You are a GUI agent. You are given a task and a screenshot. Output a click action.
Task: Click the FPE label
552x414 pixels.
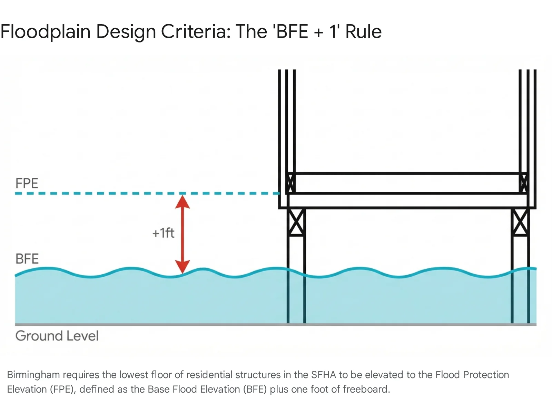[x=27, y=183]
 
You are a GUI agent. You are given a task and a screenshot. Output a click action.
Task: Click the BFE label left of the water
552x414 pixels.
[x=27, y=259]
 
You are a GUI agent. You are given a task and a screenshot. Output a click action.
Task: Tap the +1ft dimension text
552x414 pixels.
[x=163, y=233]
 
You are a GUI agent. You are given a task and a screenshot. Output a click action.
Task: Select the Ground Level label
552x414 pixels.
[x=57, y=336]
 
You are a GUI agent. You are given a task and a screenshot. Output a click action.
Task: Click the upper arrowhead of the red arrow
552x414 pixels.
[x=183, y=202]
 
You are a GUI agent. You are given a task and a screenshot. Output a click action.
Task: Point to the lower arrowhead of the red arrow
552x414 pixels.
[x=183, y=266]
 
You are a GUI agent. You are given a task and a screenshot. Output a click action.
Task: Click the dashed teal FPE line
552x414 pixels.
[x=103, y=194]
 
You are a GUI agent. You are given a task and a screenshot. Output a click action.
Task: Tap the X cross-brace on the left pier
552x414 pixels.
[x=296, y=222]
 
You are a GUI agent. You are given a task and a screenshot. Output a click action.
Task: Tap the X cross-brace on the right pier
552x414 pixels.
[x=520, y=222]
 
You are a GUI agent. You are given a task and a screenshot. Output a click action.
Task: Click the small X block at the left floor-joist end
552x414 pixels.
[x=290, y=183]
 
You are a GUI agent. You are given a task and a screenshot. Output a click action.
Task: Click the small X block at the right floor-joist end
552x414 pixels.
[x=523, y=183]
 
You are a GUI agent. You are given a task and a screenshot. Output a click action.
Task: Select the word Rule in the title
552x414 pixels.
[x=363, y=32]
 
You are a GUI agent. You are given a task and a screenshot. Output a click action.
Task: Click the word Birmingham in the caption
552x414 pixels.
[x=33, y=375]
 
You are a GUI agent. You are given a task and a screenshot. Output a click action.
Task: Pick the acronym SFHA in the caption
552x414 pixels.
[x=323, y=375]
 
